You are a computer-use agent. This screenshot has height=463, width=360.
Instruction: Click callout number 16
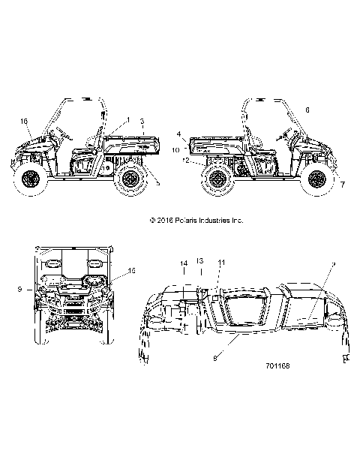coord(24,121)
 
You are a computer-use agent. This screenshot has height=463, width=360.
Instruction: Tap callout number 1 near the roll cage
coord(128,120)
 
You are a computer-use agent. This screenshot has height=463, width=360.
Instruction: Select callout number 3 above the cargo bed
coord(142,122)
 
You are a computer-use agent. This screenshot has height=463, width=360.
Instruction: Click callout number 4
coord(179,134)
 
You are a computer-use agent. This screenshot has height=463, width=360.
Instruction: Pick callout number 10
coord(175,150)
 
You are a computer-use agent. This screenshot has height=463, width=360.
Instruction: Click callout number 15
coord(131,270)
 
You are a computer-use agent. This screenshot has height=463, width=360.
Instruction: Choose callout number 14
coord(183,263)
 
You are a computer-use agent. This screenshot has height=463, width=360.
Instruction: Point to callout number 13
coord(199,260)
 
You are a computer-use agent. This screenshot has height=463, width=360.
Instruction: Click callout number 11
coord(221,261)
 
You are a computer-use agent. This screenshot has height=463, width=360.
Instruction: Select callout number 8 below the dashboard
coord(216,359)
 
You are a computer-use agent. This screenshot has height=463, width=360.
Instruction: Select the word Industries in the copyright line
coord(214,221)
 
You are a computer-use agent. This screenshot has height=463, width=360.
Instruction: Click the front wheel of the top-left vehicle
coord(30,179)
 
